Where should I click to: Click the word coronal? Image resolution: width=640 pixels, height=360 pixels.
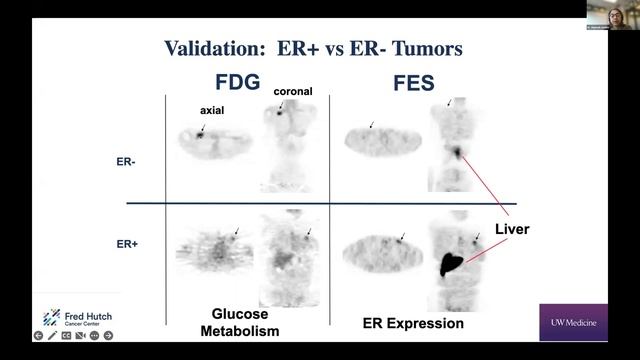290,92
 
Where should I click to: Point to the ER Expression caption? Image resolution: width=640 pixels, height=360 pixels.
412,324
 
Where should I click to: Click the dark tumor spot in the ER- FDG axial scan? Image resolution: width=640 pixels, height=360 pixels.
200,134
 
